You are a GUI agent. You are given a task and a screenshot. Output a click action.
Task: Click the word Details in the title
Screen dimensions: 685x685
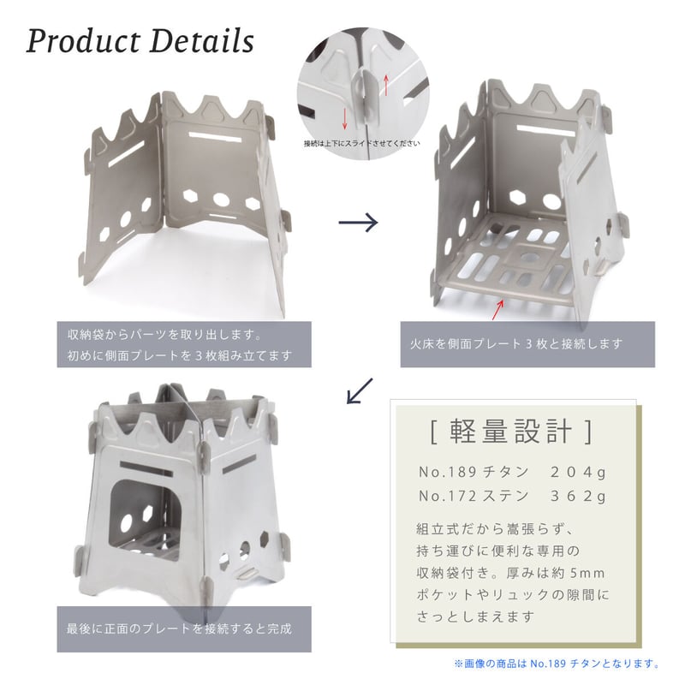pos(202,40)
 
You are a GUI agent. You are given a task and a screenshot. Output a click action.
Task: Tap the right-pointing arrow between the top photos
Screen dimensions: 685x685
pos(358,223)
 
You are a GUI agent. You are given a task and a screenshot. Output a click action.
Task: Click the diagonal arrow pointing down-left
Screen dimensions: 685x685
pos(360,390)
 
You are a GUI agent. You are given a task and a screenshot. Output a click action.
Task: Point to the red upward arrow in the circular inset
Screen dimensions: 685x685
pos(386,84)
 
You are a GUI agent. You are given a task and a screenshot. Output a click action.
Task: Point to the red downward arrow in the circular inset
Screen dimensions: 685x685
pos(345,119)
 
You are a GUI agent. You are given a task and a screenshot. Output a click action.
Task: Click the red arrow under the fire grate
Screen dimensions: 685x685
pos(499,309)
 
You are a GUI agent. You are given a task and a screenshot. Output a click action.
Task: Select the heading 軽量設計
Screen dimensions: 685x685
pos(510,432)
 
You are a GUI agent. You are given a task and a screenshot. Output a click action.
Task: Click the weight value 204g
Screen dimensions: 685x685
pos(578,473)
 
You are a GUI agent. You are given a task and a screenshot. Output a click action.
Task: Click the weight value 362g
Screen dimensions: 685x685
pos(578,497)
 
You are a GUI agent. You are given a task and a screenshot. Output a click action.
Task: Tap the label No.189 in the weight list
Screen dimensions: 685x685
pos(448,473)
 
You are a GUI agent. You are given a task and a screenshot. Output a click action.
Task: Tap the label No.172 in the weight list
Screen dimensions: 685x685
pos(448,497)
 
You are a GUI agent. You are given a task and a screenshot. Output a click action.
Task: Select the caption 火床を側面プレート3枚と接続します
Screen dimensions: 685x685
pos(516,344)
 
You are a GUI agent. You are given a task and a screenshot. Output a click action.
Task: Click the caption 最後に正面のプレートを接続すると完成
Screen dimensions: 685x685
pos(179,628)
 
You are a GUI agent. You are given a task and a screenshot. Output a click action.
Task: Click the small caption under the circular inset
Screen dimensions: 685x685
pos(362,143)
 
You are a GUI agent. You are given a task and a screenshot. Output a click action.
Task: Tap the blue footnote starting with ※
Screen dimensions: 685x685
pos(557,664)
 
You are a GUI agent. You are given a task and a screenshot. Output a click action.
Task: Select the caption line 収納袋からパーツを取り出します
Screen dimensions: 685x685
pos(164,335)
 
